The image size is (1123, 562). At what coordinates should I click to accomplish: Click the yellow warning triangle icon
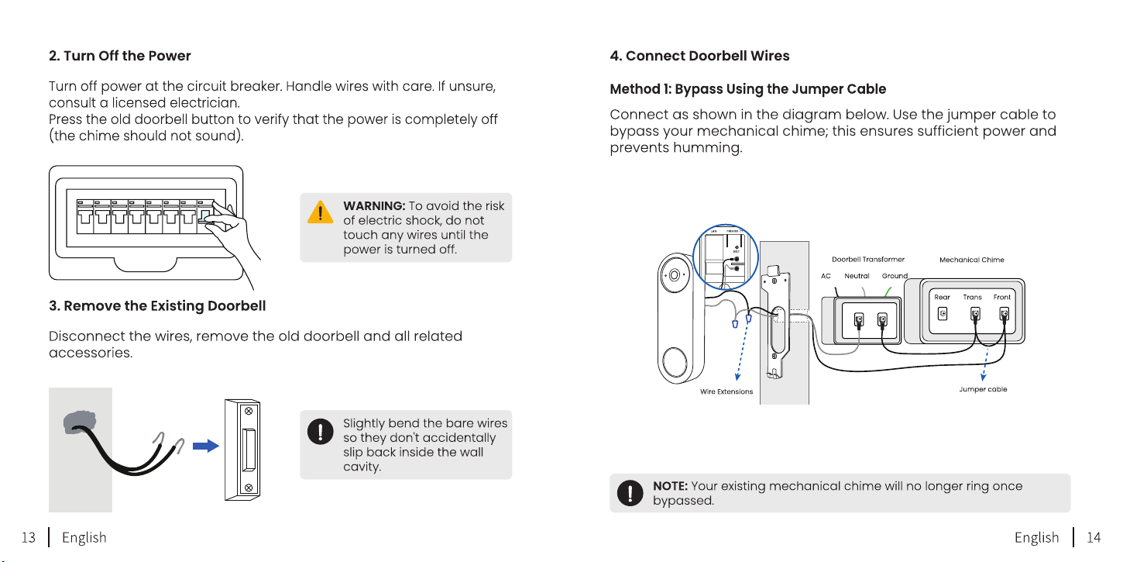(x=321, y=212)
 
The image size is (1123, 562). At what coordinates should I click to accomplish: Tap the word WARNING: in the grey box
(x=374, y=205)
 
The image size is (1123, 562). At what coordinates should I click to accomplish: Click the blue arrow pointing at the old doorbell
(x=205, y=446)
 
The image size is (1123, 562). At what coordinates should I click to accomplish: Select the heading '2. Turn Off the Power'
(x=120, y=56)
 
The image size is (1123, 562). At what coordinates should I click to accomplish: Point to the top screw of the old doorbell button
(x=248, y=411)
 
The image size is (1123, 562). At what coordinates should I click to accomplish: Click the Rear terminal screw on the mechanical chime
(x=943, y=314)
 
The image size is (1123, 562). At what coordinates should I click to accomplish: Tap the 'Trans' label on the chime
(x=972, y=297)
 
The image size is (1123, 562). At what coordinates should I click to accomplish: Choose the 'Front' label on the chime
(x=1001, y=297)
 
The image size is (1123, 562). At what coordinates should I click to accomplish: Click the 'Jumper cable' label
(x=983, y=389)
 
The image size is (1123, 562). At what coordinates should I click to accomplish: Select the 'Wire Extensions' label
(x=726, y=391)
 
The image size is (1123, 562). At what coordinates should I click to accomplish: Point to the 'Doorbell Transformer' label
(x=868, y=260)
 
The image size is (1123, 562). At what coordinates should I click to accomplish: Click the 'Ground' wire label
(x=895, y=276)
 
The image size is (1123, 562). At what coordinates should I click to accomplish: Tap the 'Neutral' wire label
(x=857, y=276)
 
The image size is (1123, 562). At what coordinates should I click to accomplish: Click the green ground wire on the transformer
(x=888, y=291)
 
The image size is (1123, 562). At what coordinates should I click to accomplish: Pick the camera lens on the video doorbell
(x=675, y=275)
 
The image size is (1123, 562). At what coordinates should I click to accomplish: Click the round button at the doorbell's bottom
(x=674, y=362)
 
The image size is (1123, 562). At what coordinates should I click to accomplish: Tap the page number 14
(x=1094, y=537)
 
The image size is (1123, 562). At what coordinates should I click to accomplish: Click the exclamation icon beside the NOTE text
(x=630, y=493)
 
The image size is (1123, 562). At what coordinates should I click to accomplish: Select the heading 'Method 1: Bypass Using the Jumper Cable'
(x=748, y=89)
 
